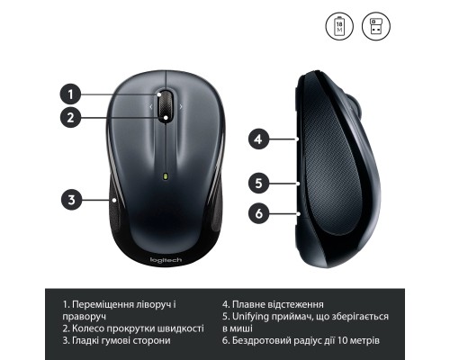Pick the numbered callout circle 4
258,139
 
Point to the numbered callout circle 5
258,182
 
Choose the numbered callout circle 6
258,213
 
